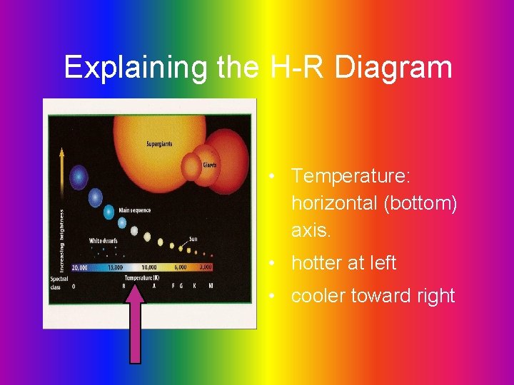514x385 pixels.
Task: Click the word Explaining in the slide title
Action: point(117,68)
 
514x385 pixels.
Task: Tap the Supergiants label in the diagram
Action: point(159,144)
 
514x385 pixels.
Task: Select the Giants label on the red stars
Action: point(209,165)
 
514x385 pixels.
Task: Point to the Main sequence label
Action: point(134,210)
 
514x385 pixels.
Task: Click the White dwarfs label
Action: point(103,241)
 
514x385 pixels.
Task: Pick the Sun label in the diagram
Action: point(193,239)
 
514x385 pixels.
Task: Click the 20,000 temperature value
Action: point(79,267)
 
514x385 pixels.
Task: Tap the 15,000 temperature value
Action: point(115,267)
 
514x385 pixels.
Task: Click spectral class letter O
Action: point(74,286)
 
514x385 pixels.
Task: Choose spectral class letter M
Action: point(211,286)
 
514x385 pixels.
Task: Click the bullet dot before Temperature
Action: point(273,175)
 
